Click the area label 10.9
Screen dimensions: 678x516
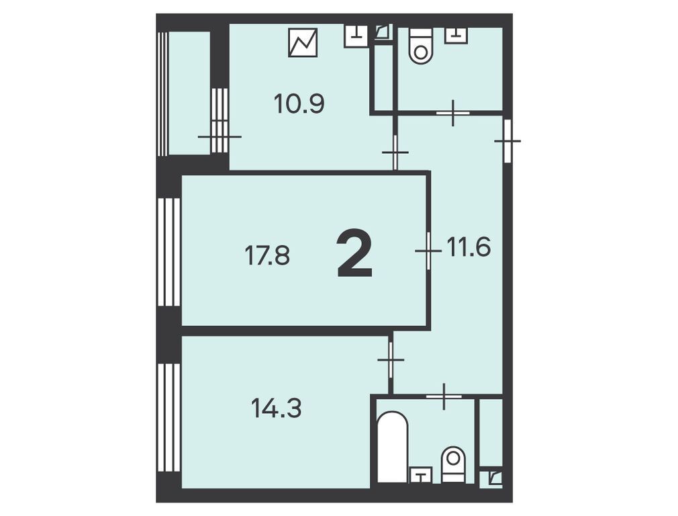(x=299, y=104)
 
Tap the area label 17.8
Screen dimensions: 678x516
(x=267, y=255)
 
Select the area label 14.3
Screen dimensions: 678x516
(x=277, y=408)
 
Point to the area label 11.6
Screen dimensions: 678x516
(x=469, y=247)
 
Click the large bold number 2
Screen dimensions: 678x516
(x=354, y=254)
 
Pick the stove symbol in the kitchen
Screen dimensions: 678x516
(x=303, y=42)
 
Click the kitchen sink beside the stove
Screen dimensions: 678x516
(x=356, y=36)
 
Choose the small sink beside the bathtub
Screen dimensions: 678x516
(x=421, y=475)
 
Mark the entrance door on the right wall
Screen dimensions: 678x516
(x=507, y=141)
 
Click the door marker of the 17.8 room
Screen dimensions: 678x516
(x=428, y=251)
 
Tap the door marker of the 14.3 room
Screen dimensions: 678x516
(x=391, y=359)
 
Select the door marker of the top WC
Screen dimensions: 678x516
(x=452, y=113)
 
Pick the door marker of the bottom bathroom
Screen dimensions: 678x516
(x=444, y=396)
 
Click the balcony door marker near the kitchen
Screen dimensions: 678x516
(x=220, y=137)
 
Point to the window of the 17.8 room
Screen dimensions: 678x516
(x=169, y=252)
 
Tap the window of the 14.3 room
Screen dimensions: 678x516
(x=169, y=417)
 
